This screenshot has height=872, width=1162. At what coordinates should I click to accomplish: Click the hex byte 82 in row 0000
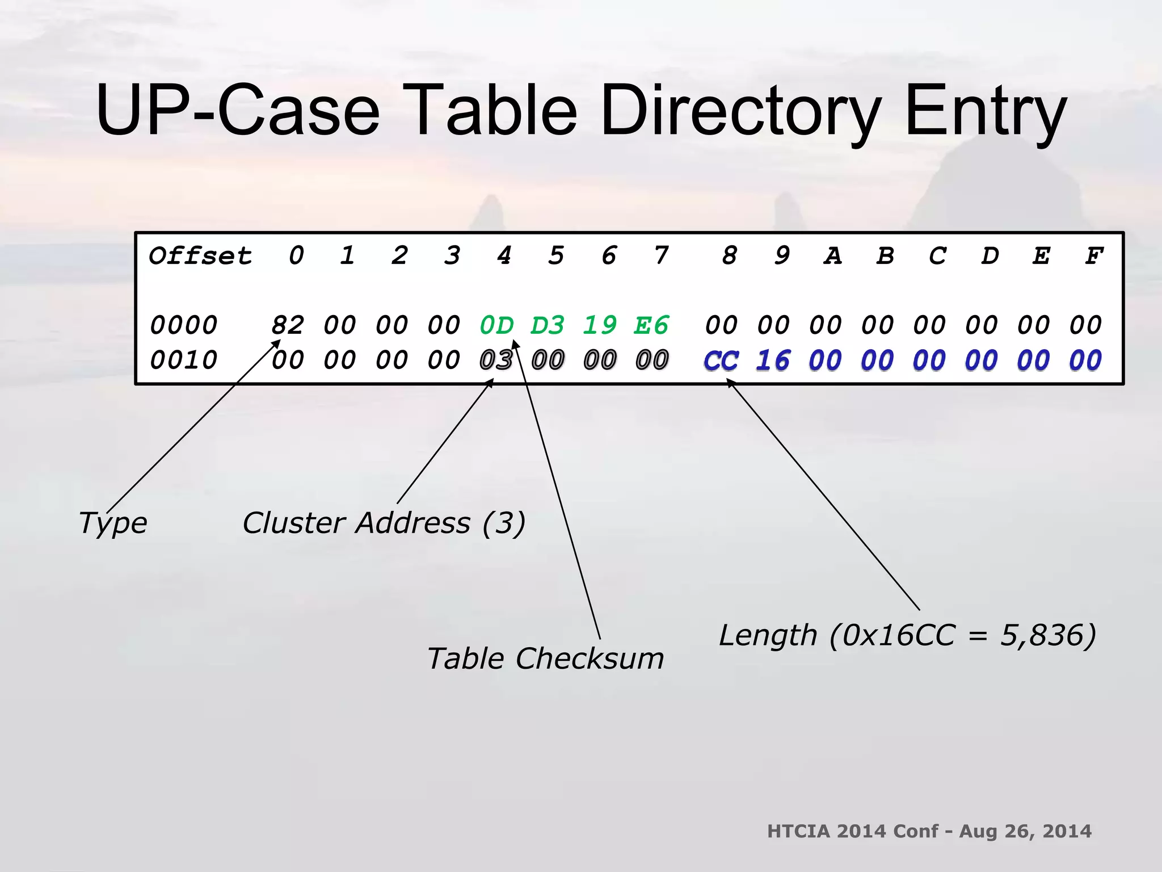coord(288,325)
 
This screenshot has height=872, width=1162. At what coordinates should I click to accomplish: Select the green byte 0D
coord(496,325)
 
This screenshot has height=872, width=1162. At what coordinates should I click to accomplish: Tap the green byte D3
coord(548,325)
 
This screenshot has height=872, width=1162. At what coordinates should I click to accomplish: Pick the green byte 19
coord(600,325)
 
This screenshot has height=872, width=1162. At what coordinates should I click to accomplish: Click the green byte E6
coord(652,325)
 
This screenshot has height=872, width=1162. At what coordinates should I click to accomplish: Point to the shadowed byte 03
coord(496,360)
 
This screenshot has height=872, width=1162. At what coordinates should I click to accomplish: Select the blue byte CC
coord(721,360)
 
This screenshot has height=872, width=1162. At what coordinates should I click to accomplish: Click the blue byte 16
coord(773,360)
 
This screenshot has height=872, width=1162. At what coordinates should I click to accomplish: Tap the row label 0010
coord(184,360)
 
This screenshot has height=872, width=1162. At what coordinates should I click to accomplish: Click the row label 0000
coord(184,325)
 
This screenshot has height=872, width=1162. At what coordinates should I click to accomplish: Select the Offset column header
coord(200,256)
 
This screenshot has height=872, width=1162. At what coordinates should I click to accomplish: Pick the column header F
coord(1093,256)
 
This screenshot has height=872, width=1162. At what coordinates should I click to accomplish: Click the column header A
coord(832,256)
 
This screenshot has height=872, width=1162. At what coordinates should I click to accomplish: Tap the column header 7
coord(661,256)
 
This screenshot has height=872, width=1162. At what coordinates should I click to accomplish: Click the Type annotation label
coord(113,523)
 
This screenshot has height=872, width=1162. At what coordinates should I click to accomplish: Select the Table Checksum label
coord(545,659)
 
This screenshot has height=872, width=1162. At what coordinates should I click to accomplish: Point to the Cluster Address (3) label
coord(384,523)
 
